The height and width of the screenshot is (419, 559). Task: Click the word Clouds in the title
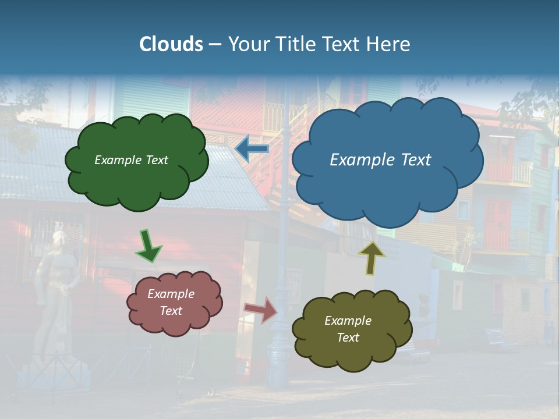[x=171, y=44]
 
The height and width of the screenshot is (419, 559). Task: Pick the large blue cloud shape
[x=387, y=186]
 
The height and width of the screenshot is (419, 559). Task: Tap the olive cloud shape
[x=352, y=349]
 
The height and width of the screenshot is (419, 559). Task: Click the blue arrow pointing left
[x=252, y=149]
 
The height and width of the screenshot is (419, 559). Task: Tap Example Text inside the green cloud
[x=131, y=160]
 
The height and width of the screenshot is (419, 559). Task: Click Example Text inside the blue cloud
[x=380, y=160]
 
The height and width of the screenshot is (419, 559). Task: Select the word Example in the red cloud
[x=171, y=294]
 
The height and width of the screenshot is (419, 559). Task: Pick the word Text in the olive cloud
[x=348, y=338]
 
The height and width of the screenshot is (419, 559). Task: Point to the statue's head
[x=59, y=239]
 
